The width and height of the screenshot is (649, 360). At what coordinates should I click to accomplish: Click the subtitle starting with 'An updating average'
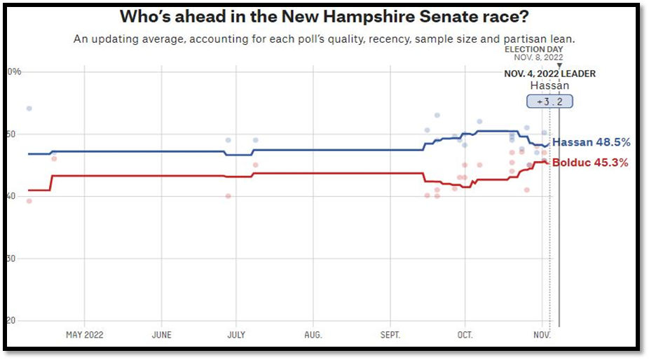(329, 39)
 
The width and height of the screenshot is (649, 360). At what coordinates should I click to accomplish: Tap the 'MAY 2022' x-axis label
(85, 335)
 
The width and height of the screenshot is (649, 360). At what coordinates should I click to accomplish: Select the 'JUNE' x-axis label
(161, 335)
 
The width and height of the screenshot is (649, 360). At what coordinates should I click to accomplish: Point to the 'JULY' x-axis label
(237, 335)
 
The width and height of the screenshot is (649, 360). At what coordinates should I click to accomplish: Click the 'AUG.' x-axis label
(313, 335)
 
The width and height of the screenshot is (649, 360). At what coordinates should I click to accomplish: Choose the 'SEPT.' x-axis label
(390, 335)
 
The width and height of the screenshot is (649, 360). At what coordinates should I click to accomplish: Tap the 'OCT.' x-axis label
(465, 335)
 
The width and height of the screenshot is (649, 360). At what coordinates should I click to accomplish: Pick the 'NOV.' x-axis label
(542, 335)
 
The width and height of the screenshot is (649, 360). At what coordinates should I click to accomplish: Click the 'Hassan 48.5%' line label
(591, 142)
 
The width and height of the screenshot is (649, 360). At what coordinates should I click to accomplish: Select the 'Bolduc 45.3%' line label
(590, 163)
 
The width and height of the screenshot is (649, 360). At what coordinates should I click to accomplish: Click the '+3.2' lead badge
(549, 102)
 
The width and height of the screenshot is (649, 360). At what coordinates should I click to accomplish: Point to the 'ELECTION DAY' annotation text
(534, 49)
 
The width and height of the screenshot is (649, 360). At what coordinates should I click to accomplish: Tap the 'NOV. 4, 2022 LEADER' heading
(550, 74)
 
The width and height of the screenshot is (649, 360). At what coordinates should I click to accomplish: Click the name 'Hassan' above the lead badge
(549, 85)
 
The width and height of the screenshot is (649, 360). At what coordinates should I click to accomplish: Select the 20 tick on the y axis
(11, 321)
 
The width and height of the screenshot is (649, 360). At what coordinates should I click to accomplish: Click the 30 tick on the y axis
(11, 258)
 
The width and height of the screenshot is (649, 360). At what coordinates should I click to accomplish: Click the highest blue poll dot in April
(29, 109)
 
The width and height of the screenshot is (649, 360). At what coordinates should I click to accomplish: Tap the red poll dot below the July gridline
(228, 196)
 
